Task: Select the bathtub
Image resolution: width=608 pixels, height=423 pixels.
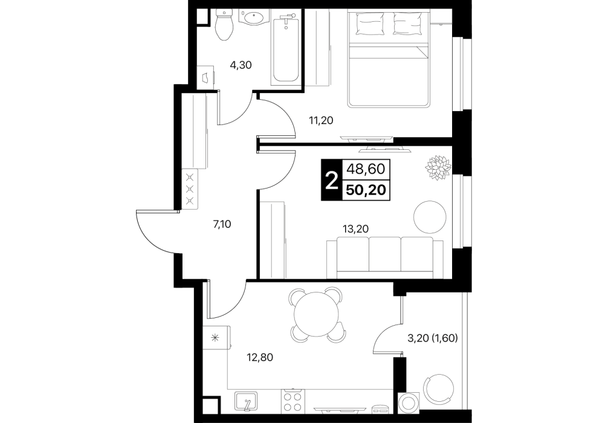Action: (285, 47)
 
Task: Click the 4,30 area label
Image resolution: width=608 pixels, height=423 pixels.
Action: (241, 65)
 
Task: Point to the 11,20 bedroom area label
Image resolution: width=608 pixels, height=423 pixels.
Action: (321, 121)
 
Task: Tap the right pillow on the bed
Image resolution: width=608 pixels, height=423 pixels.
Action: (408, 23)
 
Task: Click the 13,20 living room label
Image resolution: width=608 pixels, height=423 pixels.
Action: (355, 229)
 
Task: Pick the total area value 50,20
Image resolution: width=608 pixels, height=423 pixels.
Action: (366, 190)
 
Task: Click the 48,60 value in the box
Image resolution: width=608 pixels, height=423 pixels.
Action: (366, 169)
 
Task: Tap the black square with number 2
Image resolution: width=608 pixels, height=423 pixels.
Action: (332, 180)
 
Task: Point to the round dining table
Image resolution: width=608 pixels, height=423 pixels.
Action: (317, 314)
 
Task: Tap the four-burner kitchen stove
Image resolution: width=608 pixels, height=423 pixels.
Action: (293, 401)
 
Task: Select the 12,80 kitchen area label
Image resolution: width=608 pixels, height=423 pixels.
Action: (260, 357)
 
